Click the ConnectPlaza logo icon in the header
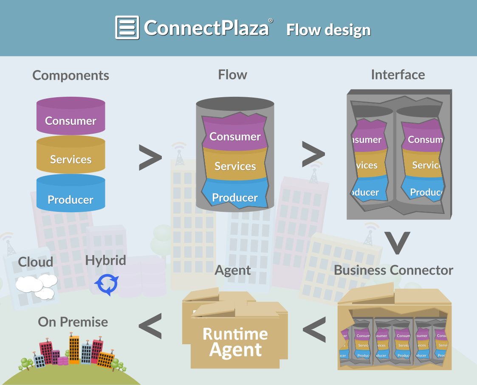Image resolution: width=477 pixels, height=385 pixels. pos(127,28)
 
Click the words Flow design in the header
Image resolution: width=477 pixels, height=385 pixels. pos(328,30)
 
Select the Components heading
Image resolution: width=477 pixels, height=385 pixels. pos(71,75)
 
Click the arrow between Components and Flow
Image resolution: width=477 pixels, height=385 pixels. pos(150,158)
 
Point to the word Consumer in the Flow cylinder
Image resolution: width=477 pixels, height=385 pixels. pos(235,136)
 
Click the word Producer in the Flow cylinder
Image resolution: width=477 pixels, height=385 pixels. pos(235,197)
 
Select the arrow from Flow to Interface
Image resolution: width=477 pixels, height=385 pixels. pos(313,154)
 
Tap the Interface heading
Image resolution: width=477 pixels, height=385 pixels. pos(398,75)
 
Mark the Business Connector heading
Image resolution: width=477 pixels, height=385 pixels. pos(393,270)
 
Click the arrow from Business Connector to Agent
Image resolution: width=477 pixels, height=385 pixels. pos(314,330)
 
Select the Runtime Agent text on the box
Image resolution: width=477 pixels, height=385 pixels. pos(235,342)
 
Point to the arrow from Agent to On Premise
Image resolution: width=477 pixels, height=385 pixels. pos(150,326)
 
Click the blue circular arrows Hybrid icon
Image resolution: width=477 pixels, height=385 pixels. pos(106,284)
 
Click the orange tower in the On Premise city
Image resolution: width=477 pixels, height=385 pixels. pos(74,349)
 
